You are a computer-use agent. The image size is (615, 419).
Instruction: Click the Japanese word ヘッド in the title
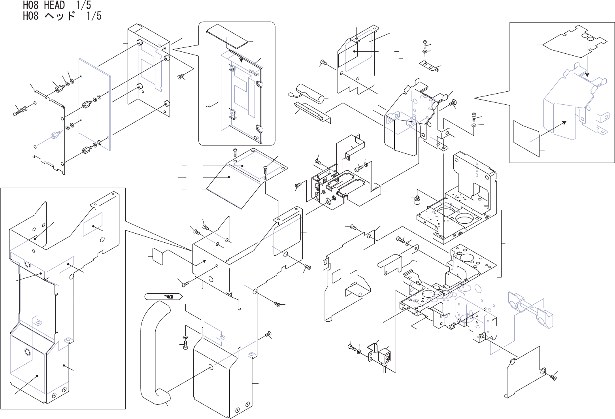click(60, 16)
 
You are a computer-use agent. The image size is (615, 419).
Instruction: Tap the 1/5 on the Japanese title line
click(94, 16)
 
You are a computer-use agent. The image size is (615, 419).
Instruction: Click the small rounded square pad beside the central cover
click(159, 257)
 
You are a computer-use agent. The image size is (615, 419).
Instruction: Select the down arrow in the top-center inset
click(241, 59)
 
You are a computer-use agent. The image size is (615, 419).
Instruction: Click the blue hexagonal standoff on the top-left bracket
click(54, 136)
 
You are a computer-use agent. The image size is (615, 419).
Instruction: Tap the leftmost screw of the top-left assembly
click(16, 113)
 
